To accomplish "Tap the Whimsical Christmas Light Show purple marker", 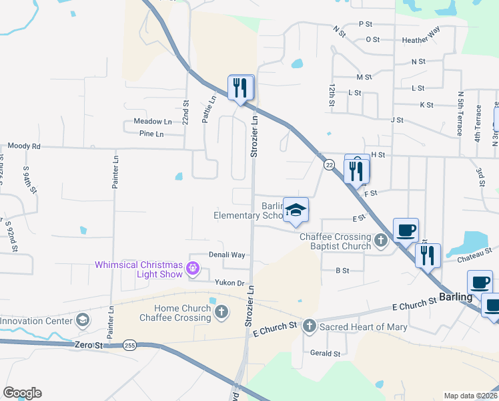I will click(x=193, y=269).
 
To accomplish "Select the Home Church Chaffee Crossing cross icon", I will click(x=221, y=311).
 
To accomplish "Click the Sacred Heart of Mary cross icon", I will click(x=309, y=326).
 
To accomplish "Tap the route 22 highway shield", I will click(x=329, y=164).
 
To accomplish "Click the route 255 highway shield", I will click(x=129, y=345).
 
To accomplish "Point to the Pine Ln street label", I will click(x=151, y=134).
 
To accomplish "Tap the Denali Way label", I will click(x=227, y=255).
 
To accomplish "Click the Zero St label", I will click(x=89, y=345).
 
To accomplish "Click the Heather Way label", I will click(x=421, y=40).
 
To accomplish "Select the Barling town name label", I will click(x=455, y=297).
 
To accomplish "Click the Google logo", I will click(x=22, y=393).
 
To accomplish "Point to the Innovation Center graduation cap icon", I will click(x=83, y=319).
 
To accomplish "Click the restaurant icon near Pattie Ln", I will click(x=241, y=87).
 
